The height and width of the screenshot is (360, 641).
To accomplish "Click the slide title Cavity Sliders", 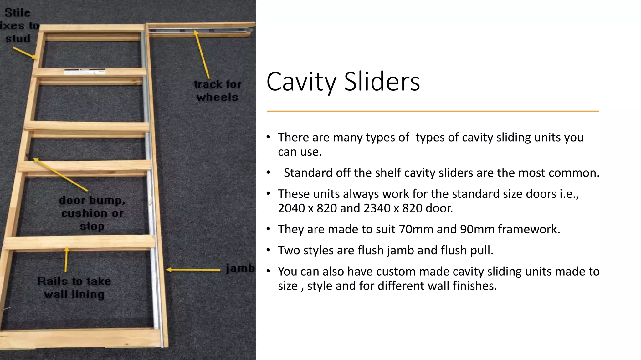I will [343, 82].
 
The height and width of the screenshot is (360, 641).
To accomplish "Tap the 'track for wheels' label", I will [218, 91].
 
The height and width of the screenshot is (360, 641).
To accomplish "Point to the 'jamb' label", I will [240, 268].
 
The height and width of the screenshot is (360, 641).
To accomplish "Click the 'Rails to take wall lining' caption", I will [74, 288].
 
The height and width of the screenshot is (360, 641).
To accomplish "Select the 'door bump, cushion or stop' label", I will [92, 213].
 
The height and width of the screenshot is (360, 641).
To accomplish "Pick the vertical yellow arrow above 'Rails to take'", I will [66, 259].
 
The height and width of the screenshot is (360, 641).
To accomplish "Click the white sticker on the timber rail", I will [85, 72].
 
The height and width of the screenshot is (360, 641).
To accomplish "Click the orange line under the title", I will [433, 111].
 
